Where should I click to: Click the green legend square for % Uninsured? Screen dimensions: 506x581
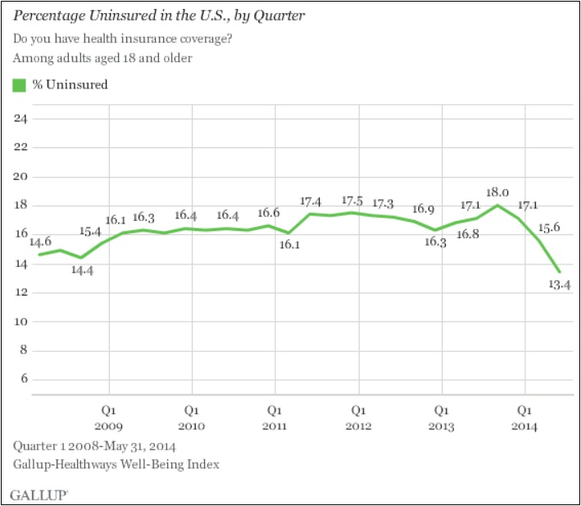click(x=20, y=84)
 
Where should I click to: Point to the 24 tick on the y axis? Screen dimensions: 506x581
click(x=20, y=119)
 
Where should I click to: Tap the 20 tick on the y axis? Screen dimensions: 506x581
click(x=20, y=177)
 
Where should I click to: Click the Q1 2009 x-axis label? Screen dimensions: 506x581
click(x=109, y=418)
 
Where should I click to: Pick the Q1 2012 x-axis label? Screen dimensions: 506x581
click(x=359, y=418)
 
